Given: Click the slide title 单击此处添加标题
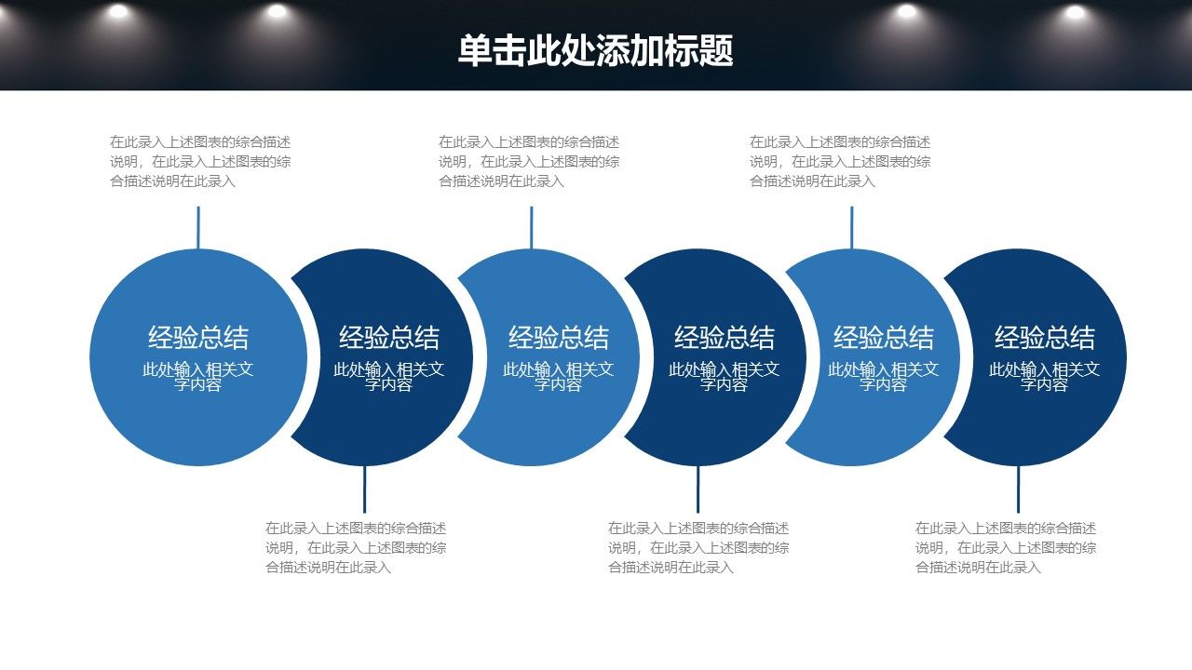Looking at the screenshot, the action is tap(595, 50).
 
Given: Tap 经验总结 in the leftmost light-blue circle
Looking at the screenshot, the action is tap(198, 338).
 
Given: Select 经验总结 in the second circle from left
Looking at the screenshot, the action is tap(389, 338).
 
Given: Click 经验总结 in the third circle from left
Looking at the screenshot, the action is tap(558, 338).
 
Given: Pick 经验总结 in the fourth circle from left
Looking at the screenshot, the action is tap(725, 338).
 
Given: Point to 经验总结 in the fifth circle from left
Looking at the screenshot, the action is tap(884, 338).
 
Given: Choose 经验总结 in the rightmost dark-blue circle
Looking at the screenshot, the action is tap(1045, 338).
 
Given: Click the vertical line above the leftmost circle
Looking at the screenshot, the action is tap(198, 228).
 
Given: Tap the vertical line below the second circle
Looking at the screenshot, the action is tap(364, 489).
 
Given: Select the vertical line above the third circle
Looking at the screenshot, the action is tap(531, 228).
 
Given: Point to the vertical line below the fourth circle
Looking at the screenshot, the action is tap(698, 489).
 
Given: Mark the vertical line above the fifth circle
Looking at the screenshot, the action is tap(851, 228).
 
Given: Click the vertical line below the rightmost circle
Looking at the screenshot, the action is tap(1018, 489).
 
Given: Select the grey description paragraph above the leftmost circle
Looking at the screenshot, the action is tap(200, 162).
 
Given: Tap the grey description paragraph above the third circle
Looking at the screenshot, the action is tap(529, 162).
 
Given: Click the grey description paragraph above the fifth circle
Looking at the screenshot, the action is tap(840, 162).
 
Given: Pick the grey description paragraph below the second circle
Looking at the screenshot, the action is tap(356, 548).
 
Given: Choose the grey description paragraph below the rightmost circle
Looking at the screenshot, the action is tap(1006, 548).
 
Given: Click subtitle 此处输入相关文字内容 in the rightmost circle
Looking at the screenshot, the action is tap(1045, 376).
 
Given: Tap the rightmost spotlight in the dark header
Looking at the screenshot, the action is tap(1075, 12).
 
